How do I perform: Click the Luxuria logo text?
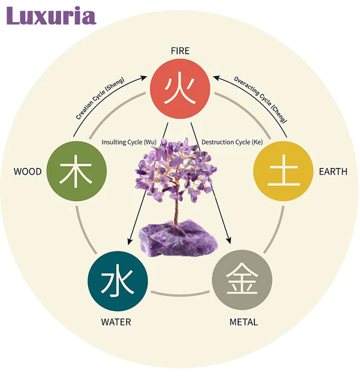(51, 16)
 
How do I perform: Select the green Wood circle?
(77, 171)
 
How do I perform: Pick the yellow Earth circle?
(283, 171)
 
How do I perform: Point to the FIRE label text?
(180, 51)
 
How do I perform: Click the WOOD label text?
(28, 172)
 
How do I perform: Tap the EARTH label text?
(333, 172)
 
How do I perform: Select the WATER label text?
(116, 322)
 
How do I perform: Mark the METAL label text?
(244, 322)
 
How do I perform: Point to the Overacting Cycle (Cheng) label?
(260, 99)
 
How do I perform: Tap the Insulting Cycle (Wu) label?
(129, 142)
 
